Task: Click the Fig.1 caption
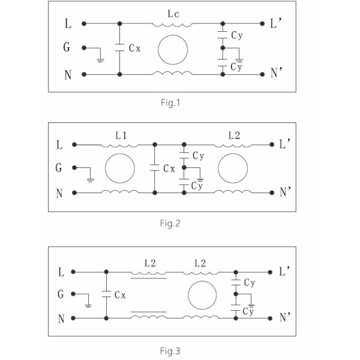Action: pos(171,102)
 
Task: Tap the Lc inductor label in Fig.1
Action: pos(172,11)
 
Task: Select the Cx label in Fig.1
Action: pos(135,49)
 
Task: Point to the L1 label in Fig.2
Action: pos(121,136)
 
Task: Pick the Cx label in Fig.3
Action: pos(120,295)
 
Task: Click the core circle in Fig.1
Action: pos(173,49)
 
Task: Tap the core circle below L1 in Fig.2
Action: pos(120,169)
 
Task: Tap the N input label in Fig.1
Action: pos(67,74)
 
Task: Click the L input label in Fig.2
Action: pos(59,145)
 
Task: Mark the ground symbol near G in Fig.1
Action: pos(101,59)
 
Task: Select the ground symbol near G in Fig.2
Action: pos(90,179)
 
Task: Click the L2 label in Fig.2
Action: pos(234,136)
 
